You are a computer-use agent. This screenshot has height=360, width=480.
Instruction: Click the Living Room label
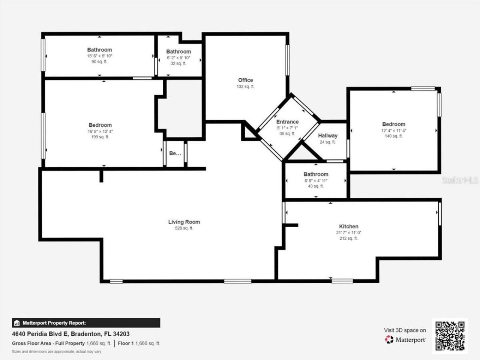tap(184, 222)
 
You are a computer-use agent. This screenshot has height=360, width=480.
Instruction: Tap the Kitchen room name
tap(349, 226)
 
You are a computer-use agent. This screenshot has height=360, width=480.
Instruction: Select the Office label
tap(246, 80)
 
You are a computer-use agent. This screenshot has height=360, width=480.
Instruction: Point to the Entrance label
tap(287, 121)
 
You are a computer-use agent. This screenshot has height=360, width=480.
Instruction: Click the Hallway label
tap(328, 136)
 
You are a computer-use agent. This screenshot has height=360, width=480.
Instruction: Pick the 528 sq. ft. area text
tap(184, 228)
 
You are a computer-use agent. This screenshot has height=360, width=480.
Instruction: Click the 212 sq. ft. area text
tap(349, 238)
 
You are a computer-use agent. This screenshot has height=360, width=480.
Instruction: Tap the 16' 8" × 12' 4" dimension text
tap(100, 131)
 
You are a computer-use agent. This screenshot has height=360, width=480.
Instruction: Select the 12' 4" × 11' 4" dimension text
tap(394, 130)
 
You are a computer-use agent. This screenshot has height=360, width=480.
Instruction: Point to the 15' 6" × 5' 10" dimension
tap(100, 56)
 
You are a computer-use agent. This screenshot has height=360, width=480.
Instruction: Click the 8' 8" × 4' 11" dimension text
tap(316, 180)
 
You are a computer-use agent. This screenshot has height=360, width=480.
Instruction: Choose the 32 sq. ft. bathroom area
tap(178, 63)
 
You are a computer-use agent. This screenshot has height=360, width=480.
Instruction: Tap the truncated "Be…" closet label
tap(175, 153)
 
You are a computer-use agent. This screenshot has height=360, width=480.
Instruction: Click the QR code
tap(450, 336)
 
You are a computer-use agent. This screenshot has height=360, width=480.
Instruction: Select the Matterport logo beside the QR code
tap(405, 339)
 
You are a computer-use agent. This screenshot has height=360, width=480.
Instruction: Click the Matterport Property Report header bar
tap(86, 323)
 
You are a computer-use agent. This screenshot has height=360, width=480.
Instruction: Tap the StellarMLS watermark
tap(460, 180)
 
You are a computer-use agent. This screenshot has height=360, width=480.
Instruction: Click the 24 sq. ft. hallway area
tap(328, 142)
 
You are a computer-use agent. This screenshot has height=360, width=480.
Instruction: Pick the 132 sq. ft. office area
tap(246, 86)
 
